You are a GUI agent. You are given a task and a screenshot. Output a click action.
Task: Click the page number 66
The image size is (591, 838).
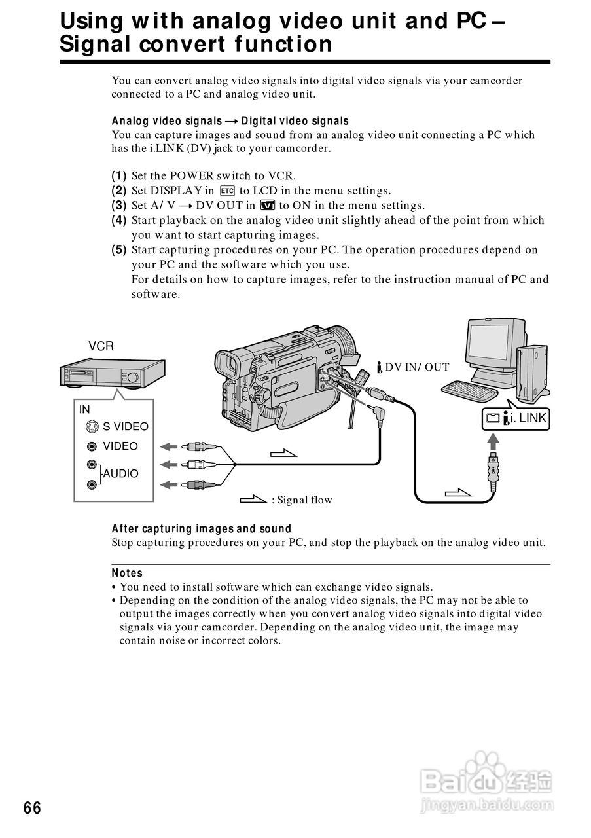[x=32, y=808]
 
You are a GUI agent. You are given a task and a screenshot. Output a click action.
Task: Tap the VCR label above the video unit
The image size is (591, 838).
[x=101, y=346]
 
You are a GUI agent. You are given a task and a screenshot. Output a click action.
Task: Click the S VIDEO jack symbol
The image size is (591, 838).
[x=92, y=427]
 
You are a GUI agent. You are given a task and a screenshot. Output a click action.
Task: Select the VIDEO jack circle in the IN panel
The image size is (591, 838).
[x=92, y=446]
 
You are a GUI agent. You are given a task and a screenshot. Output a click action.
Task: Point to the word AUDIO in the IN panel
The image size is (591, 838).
[x=121, y=473]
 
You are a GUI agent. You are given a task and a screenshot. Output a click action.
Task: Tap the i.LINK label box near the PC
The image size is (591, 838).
[x=516, y=418]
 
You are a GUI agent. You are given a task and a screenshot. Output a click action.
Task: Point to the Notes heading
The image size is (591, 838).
[x=127, y=573]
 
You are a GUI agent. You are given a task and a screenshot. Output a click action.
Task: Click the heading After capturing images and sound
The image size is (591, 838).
[x=202, y=528]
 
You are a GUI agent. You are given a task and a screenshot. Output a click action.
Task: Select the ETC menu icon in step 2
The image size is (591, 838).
[x=227, y=191]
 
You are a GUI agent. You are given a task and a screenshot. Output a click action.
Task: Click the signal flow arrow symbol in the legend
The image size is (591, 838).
[x=253, y=500]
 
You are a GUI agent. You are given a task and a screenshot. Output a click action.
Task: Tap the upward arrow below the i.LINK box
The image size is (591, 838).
[x=492, y=442]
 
